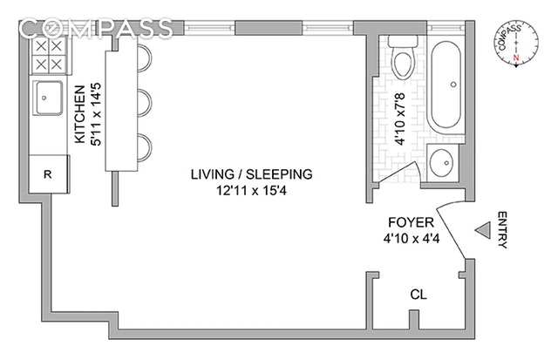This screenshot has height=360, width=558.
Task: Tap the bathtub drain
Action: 453,85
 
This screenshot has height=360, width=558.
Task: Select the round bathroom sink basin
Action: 441,163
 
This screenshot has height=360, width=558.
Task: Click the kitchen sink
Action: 48,98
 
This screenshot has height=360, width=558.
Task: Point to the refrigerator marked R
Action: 49,174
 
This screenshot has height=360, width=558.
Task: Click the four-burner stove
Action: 49,55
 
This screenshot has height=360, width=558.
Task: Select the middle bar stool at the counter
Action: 145,103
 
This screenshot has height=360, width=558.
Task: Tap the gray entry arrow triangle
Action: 483,230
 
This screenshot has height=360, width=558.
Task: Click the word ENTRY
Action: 502,230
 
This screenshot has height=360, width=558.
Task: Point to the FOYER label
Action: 411,222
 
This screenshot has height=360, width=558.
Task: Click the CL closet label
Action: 418,295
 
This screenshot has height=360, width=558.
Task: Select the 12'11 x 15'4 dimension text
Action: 252,191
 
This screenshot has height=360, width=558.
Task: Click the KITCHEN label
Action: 80,114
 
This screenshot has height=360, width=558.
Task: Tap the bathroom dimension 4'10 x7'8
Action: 399,119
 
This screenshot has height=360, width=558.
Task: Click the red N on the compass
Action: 516,58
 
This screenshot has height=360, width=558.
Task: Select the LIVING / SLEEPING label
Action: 252,174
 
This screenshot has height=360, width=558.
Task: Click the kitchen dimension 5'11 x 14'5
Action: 96,114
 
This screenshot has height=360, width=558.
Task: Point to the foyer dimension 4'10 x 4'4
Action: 412,238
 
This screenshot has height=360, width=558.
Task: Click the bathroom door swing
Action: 399,173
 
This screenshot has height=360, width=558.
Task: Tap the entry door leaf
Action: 452,234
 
